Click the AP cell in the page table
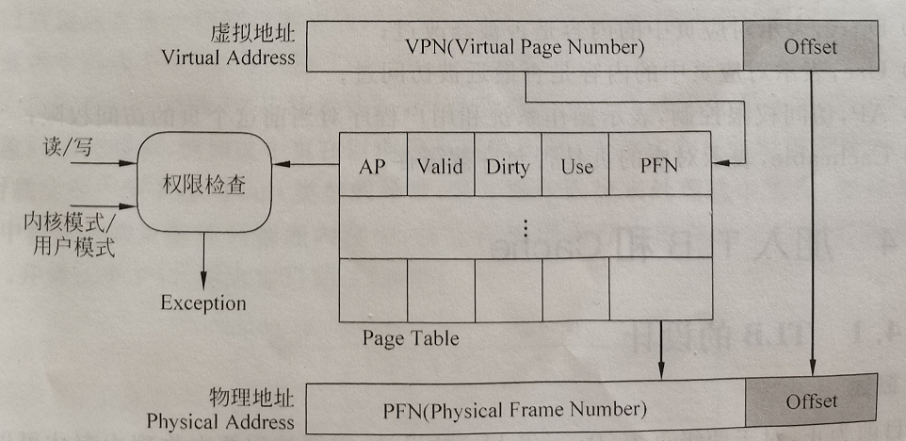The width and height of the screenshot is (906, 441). pos(373,166)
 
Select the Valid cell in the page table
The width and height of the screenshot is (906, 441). pos(441,166)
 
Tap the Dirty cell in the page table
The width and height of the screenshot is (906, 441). pos(508,167)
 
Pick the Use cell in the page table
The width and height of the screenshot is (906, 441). pos(575,167)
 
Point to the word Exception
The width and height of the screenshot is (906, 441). pos(202,303)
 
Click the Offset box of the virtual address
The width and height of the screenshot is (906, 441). pos(810,46)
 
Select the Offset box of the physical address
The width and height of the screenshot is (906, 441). pos(811,401)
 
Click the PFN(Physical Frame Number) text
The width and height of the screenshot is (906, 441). pos(514,410)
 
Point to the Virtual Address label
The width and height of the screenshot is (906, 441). pos(228,57)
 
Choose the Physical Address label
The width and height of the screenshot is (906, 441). pos(220,422)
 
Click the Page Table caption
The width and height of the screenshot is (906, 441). pos(411,337)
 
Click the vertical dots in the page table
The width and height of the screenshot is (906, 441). pos(526,226)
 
